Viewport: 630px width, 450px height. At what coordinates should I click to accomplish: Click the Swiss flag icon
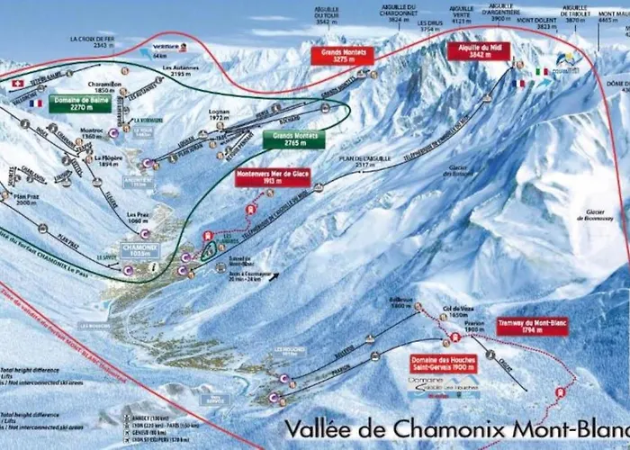point(15,83)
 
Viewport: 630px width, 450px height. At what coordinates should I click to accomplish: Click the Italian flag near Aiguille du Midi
point(541,71)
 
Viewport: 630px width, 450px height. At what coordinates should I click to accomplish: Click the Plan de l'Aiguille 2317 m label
point(373,160)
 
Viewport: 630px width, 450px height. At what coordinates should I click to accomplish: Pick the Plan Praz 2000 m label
point(26,199)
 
